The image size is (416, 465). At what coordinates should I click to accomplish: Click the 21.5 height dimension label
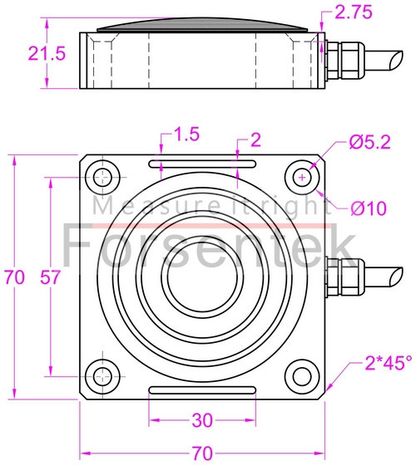click(x=24, y=54)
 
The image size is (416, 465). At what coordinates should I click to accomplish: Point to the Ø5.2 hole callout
click(x=367, y=143)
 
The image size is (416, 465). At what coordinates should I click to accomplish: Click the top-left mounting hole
click(x=104, y=177)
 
